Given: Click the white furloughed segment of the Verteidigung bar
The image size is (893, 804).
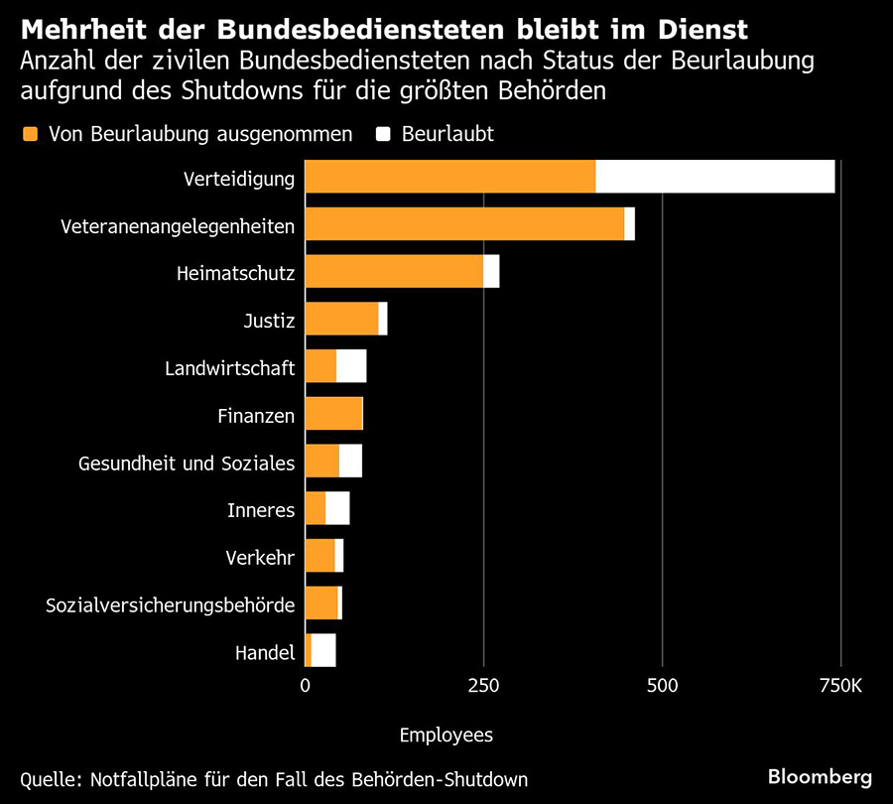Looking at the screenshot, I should pyautogui.click(x=714, y=177).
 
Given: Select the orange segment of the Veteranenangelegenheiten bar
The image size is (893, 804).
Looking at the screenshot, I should pyautogui.click(x=464, y=224).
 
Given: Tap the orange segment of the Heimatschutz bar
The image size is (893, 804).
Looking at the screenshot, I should pyautogui.click(x=394, y=271).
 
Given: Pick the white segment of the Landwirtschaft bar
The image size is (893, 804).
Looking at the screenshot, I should pyautogui.click(x=351, y=366).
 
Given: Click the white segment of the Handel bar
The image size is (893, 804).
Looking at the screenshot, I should pyautogui.click(x=323, y=650).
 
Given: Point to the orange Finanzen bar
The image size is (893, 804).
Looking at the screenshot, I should pyautogui.click(x=333, y=414).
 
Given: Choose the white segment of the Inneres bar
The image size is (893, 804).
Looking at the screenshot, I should pyautogui.click(x=337, y=508).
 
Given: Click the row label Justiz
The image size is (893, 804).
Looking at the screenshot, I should pyautogui.click(x=269, y=321).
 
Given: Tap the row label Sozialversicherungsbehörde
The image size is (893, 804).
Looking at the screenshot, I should pyautogui.click(x=171, y=604).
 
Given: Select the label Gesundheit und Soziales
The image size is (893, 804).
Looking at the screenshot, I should pyautogui.click(x=187, y=463).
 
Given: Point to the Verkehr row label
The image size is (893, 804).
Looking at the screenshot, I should pyautogui.click(x=260, y=557).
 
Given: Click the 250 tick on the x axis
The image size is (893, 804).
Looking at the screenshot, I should pyautogui.click(x=483, y=686).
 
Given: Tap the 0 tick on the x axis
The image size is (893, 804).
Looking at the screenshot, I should pyautogui.click(x=305, y=686).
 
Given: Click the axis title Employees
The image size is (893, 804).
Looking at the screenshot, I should pyautogui.click(x=446, y=736).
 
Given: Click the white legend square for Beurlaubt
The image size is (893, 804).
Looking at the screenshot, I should pyautogui.click(x=382, y=134).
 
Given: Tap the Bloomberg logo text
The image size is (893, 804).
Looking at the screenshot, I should pyautogui.click(x=820, y=775).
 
